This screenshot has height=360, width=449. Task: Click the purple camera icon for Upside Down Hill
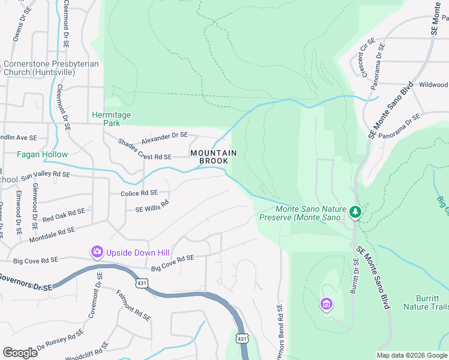pyautogui.click(x=96, y=251)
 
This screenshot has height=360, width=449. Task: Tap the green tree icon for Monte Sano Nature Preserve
pyautogui.click(x=355, y=212)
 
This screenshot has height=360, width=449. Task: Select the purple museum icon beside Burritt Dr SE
pyautogui.click(x=326, y=305)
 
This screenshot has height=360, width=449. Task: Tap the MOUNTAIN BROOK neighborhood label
pyautogui.click(x=213, y=157)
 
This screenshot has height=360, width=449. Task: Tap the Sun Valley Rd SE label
pyautogui.click(x=46, y=176)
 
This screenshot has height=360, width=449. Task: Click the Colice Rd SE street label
pyautogui.click(x=139, y=193)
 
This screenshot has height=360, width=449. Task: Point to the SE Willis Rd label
pyautogui.click(x=152, y=205)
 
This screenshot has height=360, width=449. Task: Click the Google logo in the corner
pyautogui.click(x=20, y=352)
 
